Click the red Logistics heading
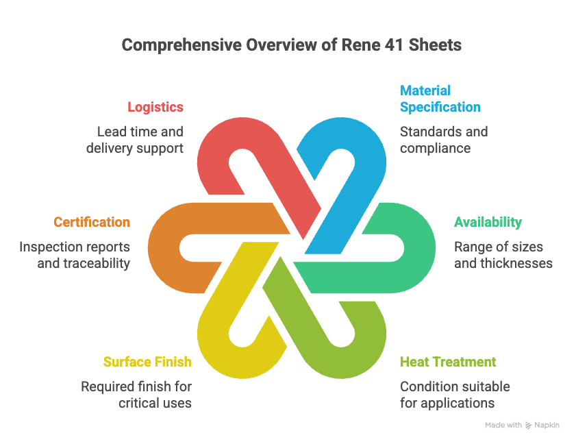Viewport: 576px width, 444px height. (155, 107)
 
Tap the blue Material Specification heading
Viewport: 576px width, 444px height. (440, 99)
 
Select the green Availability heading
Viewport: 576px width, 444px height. (488, 222)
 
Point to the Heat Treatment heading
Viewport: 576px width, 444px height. (448, 362)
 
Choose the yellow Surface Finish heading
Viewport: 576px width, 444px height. (147, 362)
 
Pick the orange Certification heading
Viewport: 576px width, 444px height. (92, 222)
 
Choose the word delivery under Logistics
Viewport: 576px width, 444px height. (110, 148)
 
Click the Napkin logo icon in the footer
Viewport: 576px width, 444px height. (528, 425)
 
